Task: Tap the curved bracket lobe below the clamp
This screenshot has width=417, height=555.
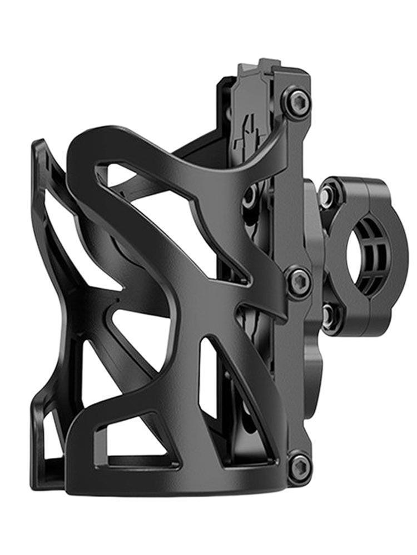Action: (314, 361)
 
